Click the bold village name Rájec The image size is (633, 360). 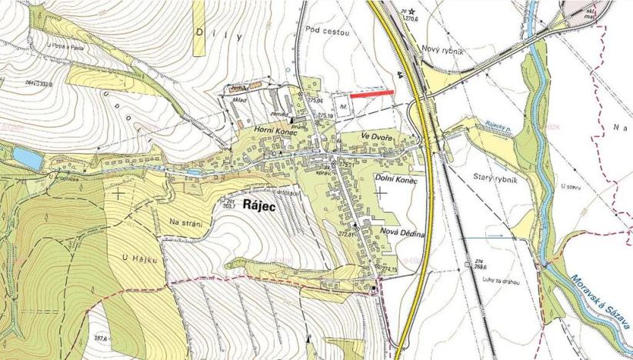point(263,205)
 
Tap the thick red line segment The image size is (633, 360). point(378,93)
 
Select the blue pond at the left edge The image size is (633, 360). point(26,158)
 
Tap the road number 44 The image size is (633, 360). point(401,75)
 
